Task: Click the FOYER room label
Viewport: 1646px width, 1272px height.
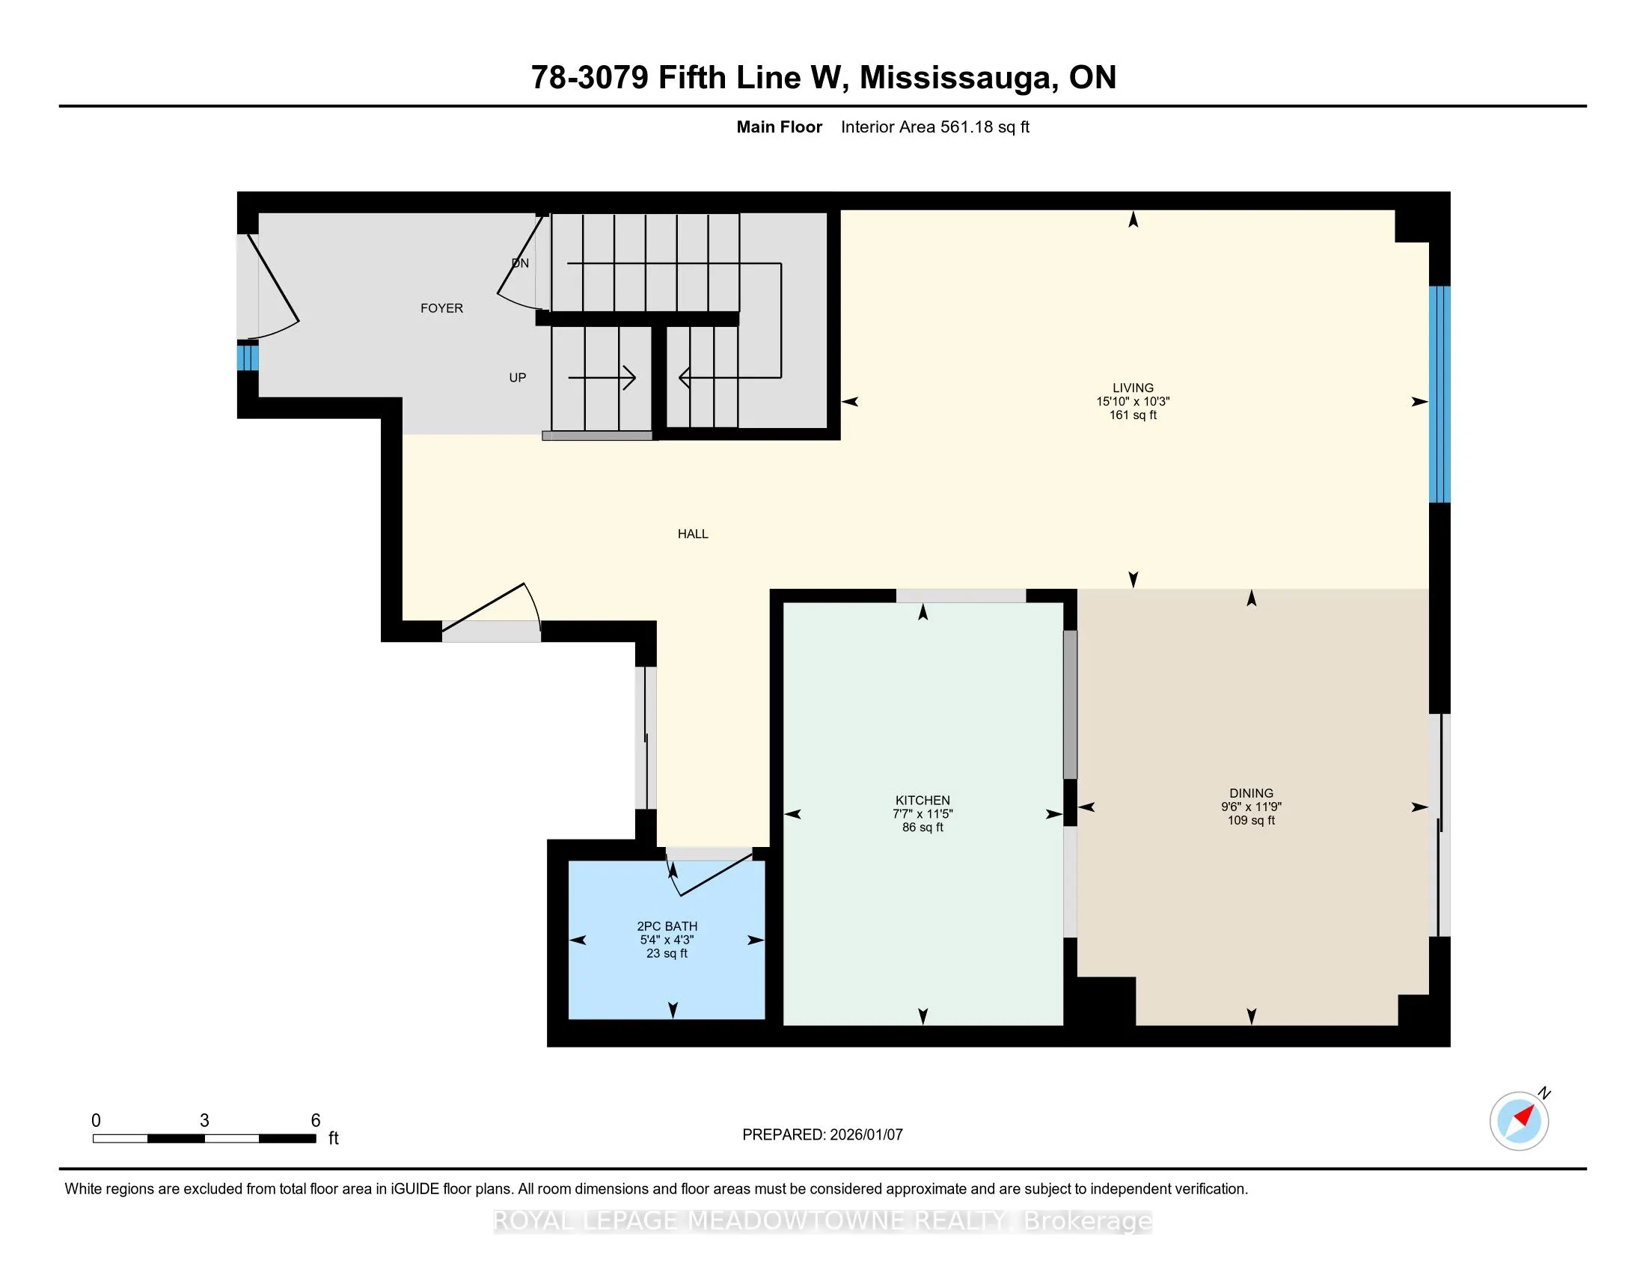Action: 441,308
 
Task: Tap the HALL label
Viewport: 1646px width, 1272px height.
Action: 693,534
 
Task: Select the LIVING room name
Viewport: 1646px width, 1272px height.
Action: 1133,388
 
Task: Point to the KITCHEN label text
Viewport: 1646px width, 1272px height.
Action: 923,801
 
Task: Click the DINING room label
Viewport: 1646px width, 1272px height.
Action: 1251,792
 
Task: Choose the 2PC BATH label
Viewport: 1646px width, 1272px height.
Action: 667,926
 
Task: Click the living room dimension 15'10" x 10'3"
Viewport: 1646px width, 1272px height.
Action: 1133,402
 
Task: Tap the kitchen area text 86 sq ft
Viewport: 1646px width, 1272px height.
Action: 923,828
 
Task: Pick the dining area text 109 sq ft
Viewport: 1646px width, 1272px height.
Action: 1251,820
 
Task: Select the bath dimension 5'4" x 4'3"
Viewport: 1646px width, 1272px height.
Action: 667,940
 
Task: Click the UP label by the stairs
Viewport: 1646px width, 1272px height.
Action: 517,378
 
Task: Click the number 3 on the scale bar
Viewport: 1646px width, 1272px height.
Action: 204,1121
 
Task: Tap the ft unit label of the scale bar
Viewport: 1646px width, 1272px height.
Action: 333,1138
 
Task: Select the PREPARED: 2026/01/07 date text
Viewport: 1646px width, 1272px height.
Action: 822,1135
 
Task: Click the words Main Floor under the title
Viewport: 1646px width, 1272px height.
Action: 780,127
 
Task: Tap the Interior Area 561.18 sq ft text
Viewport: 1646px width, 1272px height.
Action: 934,127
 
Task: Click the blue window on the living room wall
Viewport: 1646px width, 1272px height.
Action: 1440,394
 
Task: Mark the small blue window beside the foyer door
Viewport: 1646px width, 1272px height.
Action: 247,357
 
